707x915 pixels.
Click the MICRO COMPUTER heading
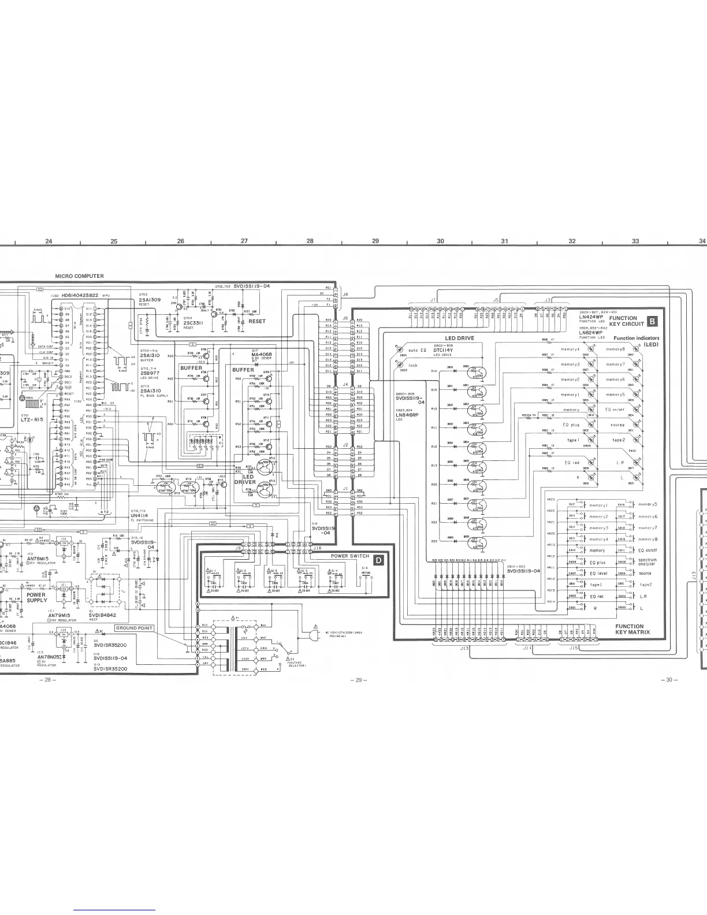click(x=79, y=276)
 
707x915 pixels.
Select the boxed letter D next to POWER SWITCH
click(x=378, y=559)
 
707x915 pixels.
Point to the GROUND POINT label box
click(x=134, y=627)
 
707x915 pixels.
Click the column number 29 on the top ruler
click(x=375, y=241)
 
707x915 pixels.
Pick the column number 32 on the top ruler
click(x=572, y=241)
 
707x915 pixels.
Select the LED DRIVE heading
click(x=459, y=338)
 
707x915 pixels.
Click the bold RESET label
click(x=256, y=321)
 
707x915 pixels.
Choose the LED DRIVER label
click(x=244, y=479)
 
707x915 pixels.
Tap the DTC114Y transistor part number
click(x=443, y=349)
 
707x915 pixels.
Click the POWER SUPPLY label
click(x=36, y=597)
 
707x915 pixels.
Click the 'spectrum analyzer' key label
click(x=647, y=562)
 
